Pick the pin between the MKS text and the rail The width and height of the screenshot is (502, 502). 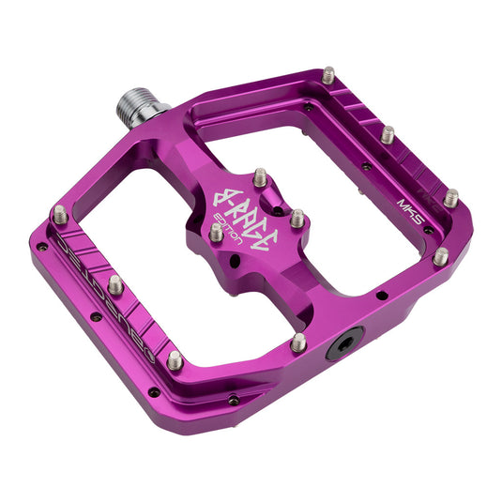coord(451,198)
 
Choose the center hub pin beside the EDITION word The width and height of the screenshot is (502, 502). coord(216,231)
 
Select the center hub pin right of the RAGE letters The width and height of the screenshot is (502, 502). coord(297,218)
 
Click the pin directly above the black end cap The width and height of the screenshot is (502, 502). coord(297,342)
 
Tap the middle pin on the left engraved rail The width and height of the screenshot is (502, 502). coord(115,282)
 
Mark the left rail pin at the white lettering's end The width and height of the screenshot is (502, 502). coord(175,358)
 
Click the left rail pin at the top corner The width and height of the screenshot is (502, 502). coord(59,214)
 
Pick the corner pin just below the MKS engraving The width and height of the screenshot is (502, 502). coord(439,255)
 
